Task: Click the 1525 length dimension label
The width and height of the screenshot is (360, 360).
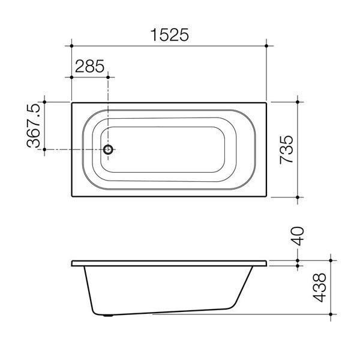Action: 169,35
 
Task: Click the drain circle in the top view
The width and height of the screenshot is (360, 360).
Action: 108,150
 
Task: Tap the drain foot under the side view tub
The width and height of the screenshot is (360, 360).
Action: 108,314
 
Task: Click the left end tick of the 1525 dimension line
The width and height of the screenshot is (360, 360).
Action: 72,46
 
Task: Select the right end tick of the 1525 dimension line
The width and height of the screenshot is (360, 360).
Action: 266,46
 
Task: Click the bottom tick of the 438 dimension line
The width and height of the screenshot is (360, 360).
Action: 331,314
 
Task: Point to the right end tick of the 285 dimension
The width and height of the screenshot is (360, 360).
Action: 108,76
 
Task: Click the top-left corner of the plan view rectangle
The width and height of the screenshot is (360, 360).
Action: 72,102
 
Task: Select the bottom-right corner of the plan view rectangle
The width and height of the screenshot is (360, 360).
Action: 266,197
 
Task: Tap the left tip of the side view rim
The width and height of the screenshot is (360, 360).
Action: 72,263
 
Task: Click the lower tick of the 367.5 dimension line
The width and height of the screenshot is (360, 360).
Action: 44,150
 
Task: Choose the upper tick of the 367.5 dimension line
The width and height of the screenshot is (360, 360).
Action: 44,102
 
